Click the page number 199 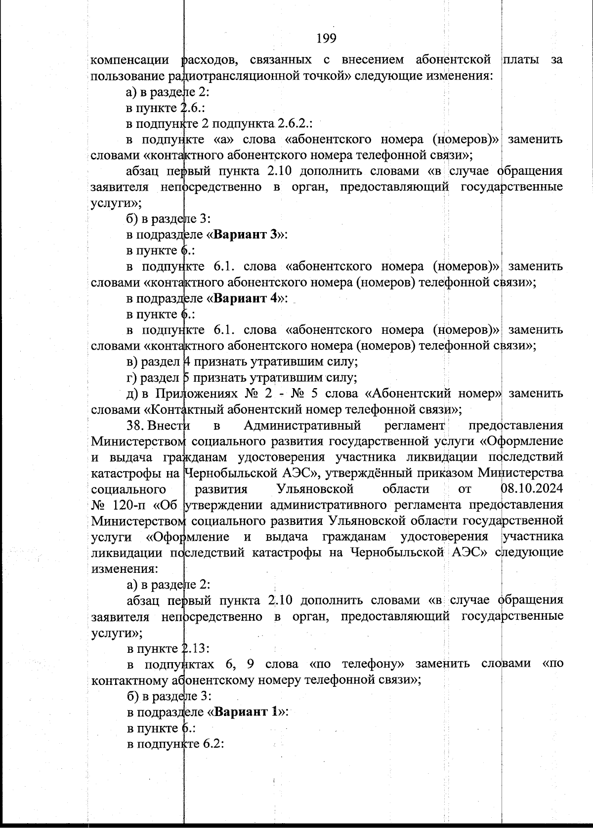click(x=326, y=38)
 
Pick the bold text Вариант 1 click(x=248, y=712)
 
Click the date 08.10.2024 click(x=532, y=489)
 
